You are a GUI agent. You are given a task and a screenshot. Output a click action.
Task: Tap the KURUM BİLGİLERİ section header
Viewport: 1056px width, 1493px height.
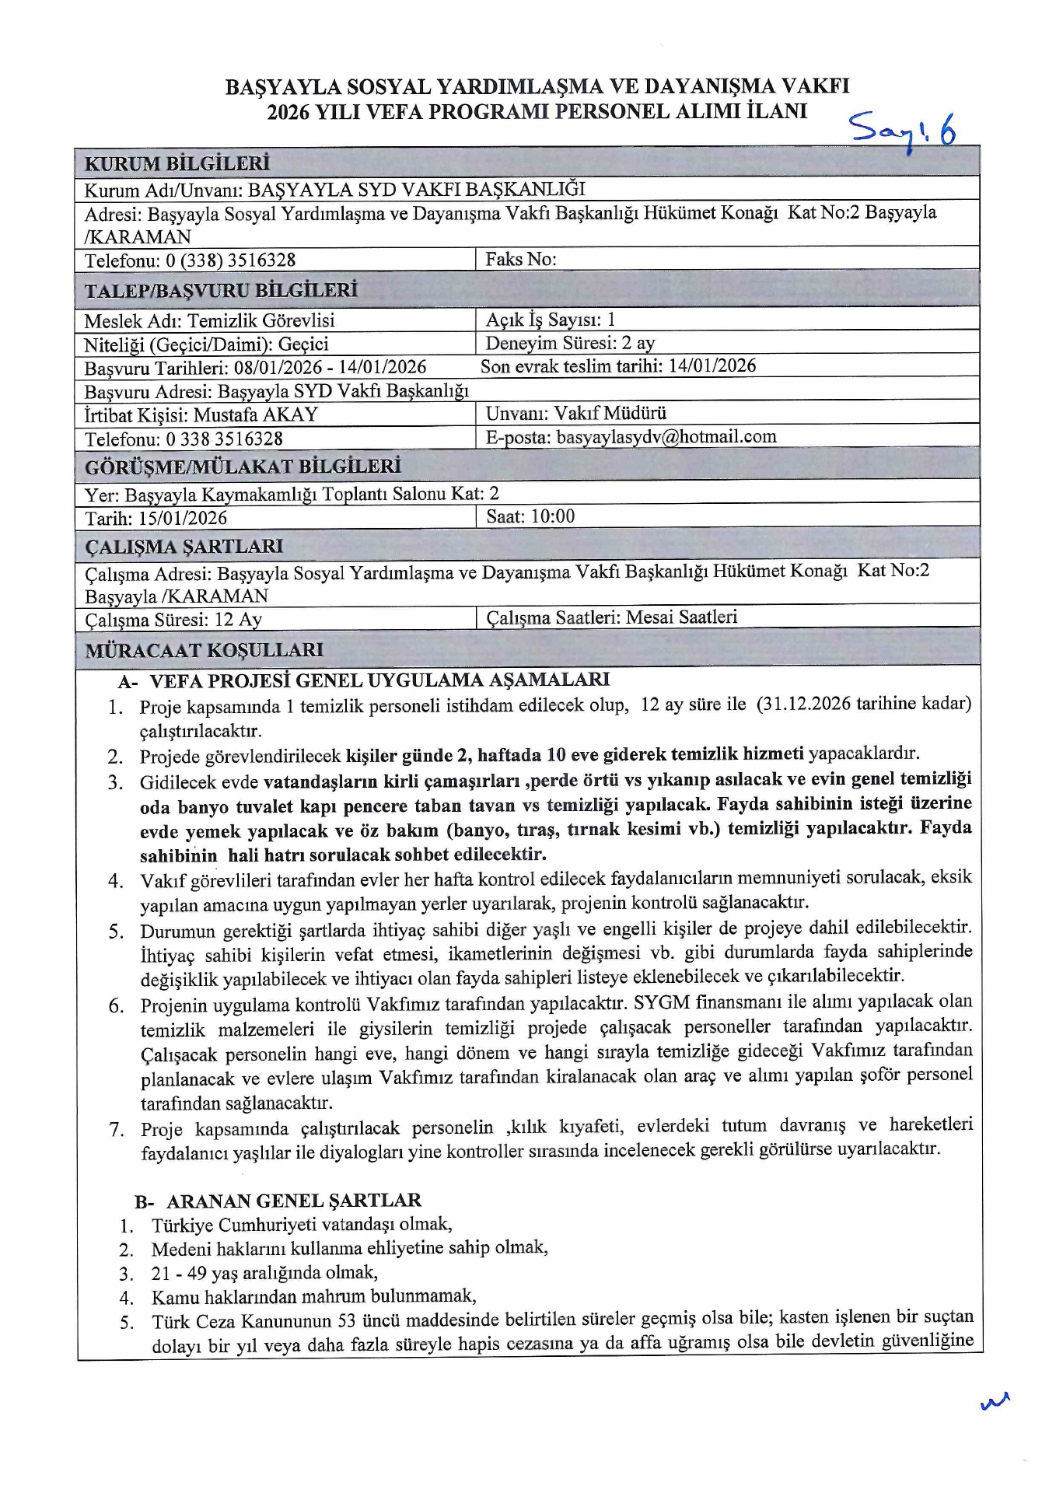click(x=177, y=163)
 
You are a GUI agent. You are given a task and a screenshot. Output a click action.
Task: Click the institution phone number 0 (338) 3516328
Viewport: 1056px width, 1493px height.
click(x=230, y=260)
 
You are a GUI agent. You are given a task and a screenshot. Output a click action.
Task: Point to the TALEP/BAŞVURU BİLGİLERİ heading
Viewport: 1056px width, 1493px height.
click(x=221, y=291)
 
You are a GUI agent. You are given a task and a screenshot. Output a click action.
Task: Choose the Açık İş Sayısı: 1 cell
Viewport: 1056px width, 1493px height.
click(x=551, y=320)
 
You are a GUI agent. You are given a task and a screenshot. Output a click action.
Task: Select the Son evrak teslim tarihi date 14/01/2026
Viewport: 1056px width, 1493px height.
click(x=712, y=365)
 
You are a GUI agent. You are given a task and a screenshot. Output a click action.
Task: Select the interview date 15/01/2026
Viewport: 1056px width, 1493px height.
click(x=177, y=518)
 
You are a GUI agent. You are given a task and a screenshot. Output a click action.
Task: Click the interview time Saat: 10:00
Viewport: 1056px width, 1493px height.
click(x=530, y=516)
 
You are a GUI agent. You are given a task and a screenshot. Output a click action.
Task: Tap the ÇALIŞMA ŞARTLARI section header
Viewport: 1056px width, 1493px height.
click(x=184, y=547)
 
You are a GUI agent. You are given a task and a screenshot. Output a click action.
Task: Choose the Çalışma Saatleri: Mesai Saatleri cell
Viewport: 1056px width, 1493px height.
click(x=611, y=617)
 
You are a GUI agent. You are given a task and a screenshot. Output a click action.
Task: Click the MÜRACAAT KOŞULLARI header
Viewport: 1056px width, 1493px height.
click(x=204, y=650)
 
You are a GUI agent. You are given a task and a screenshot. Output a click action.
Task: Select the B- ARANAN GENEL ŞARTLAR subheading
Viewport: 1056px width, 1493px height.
click(x=278, y=1201)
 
